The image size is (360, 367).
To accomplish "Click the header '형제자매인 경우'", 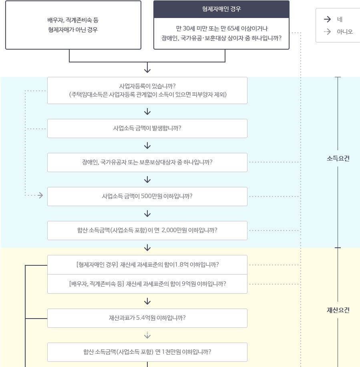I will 221,9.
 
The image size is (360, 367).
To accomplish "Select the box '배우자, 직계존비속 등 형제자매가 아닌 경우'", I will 73,25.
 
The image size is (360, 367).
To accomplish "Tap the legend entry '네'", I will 340,19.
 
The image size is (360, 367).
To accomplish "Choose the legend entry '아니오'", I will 344,32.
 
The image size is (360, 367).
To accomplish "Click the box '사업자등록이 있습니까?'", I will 147,90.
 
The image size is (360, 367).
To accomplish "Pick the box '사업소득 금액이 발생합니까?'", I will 147,128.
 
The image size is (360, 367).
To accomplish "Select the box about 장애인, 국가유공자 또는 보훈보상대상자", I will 147,162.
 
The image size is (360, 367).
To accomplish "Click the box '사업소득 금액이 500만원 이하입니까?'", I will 147,197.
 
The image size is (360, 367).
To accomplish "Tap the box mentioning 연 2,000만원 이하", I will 147,231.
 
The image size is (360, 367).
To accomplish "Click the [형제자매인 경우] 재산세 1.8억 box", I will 147,265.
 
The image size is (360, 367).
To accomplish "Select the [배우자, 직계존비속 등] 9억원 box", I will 147,284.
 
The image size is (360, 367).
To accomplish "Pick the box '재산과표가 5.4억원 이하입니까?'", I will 147,318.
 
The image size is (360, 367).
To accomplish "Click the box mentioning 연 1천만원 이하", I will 147,352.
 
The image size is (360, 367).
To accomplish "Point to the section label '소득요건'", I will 338,158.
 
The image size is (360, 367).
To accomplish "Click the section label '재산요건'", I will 338,310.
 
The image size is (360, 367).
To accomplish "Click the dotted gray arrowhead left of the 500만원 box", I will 40,196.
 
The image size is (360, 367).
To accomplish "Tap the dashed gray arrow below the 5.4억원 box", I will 147,335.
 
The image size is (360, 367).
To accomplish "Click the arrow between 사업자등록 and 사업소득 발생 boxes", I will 147,112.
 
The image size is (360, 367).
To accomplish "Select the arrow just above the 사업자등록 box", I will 147,69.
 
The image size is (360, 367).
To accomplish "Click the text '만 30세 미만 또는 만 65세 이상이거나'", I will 221,28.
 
